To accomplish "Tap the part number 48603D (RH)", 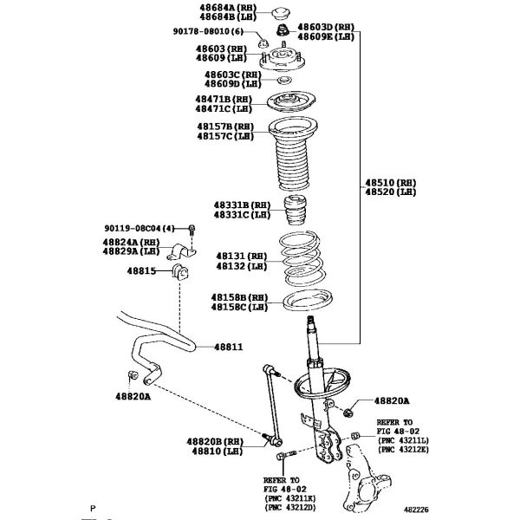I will tap(326, 28).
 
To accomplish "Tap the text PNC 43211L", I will tap(403, 441).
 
